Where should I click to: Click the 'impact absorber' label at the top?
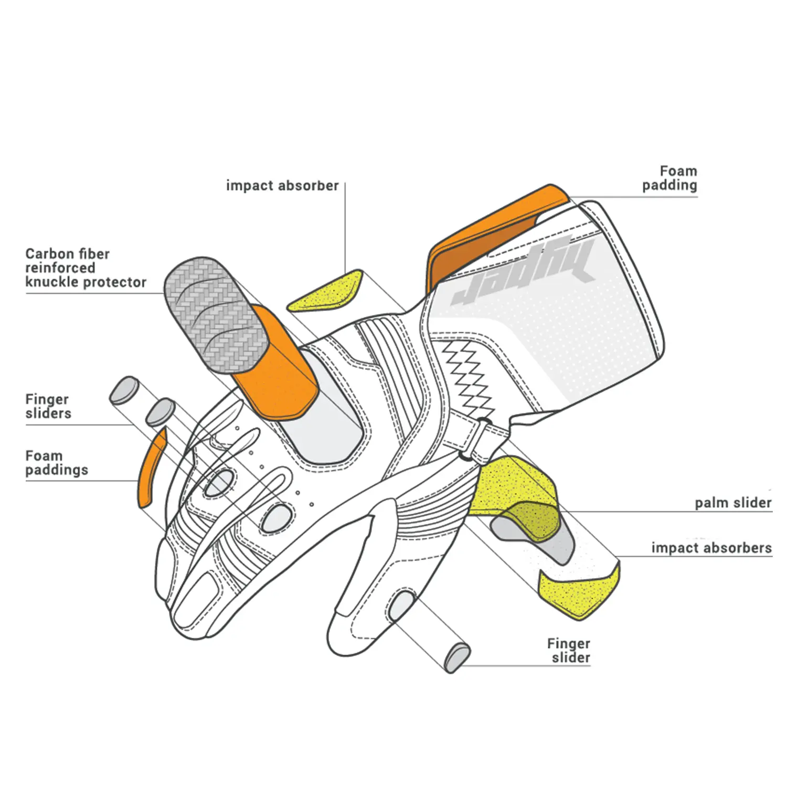pos(282,186)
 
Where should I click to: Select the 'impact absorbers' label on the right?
pos(711,548)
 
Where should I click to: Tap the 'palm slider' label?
pos(733,503)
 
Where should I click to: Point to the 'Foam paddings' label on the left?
pos(56,463)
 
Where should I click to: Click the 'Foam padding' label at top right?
pos(670,178)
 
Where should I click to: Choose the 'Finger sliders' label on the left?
pos(48,406)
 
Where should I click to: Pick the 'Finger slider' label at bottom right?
pos(569,651)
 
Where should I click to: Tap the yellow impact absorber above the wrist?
pos(328,291)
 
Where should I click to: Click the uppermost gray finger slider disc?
pos(124,390)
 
